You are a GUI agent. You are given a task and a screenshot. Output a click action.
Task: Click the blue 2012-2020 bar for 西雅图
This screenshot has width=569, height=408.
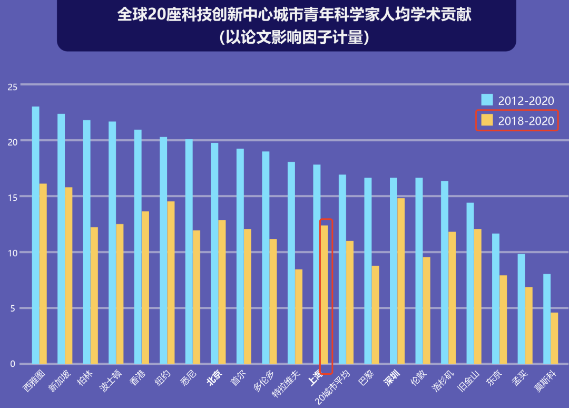(x=35, y=235)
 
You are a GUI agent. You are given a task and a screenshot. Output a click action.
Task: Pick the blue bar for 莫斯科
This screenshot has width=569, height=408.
(x=547, y=319)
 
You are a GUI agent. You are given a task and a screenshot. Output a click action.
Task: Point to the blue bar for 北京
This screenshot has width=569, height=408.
(x=214, y=253)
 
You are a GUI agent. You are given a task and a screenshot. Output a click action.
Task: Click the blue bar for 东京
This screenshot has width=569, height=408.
(x=496, y=298)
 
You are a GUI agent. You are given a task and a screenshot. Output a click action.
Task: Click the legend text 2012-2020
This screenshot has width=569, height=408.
(x=526, y=101)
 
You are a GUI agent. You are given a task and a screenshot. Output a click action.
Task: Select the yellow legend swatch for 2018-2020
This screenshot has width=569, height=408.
(x=487, y=121)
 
